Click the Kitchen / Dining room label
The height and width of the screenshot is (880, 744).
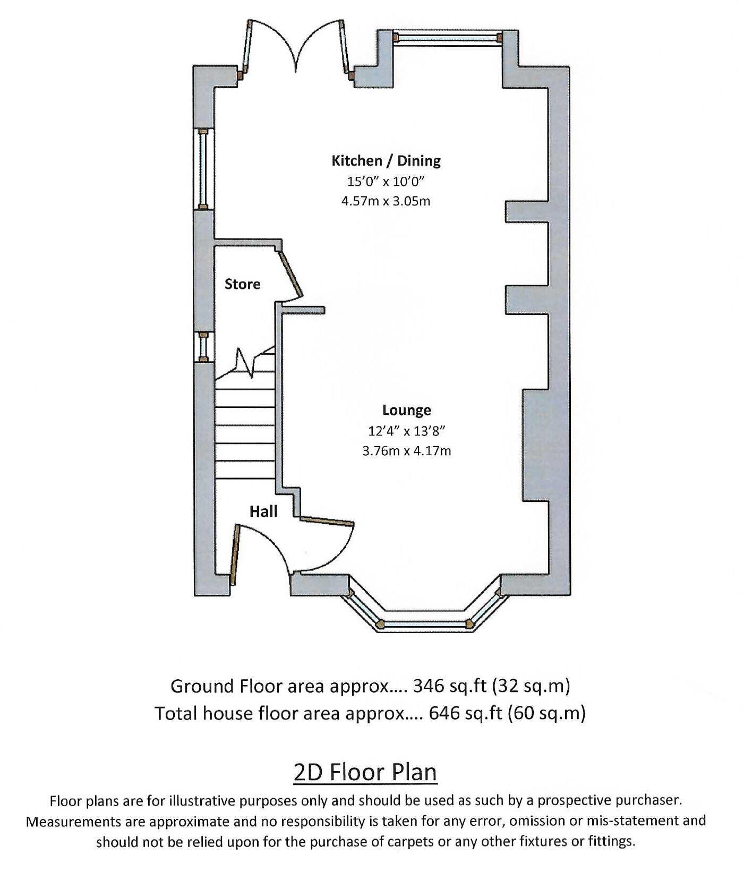(x=386, y=160)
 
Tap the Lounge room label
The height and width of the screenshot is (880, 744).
(x=406, y=410)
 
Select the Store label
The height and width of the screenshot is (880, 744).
(x=242, y=284)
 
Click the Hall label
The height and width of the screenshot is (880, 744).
(x=263, y=511)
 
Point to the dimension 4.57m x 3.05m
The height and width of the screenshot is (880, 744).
(x=386, y=201)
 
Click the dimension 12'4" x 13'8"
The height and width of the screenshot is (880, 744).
(x=406, y=431)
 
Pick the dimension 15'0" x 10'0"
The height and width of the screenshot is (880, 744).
(x=386, y=182)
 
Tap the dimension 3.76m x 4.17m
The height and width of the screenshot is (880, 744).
(x=406, y=451)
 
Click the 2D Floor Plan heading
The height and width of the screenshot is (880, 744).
(x=365, y=772)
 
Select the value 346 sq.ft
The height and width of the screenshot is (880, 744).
(x=449, y=686)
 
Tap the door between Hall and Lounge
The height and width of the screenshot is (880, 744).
(x=327, y=520)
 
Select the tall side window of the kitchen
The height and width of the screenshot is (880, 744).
(x=203, y=169)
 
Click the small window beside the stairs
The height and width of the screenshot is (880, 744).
(x=203, y=346)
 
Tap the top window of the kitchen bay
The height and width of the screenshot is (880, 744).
(x=448, y=37)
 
